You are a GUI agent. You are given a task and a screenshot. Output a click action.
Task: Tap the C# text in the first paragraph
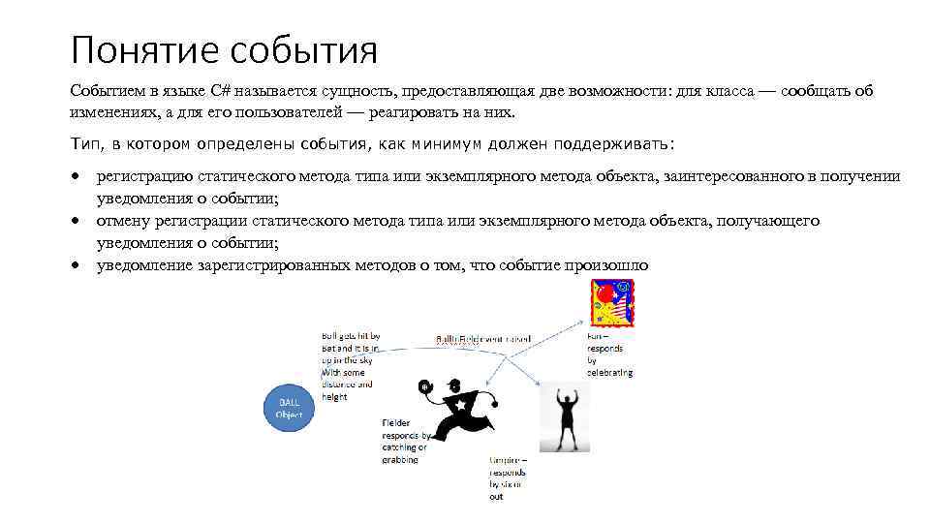pos(220,91)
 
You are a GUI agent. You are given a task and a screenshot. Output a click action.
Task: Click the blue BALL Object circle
pos(289,407)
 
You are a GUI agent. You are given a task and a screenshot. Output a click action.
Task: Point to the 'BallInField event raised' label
pos(482,339)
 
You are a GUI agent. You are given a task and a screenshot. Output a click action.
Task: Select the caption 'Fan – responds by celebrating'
pos(609,354)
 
